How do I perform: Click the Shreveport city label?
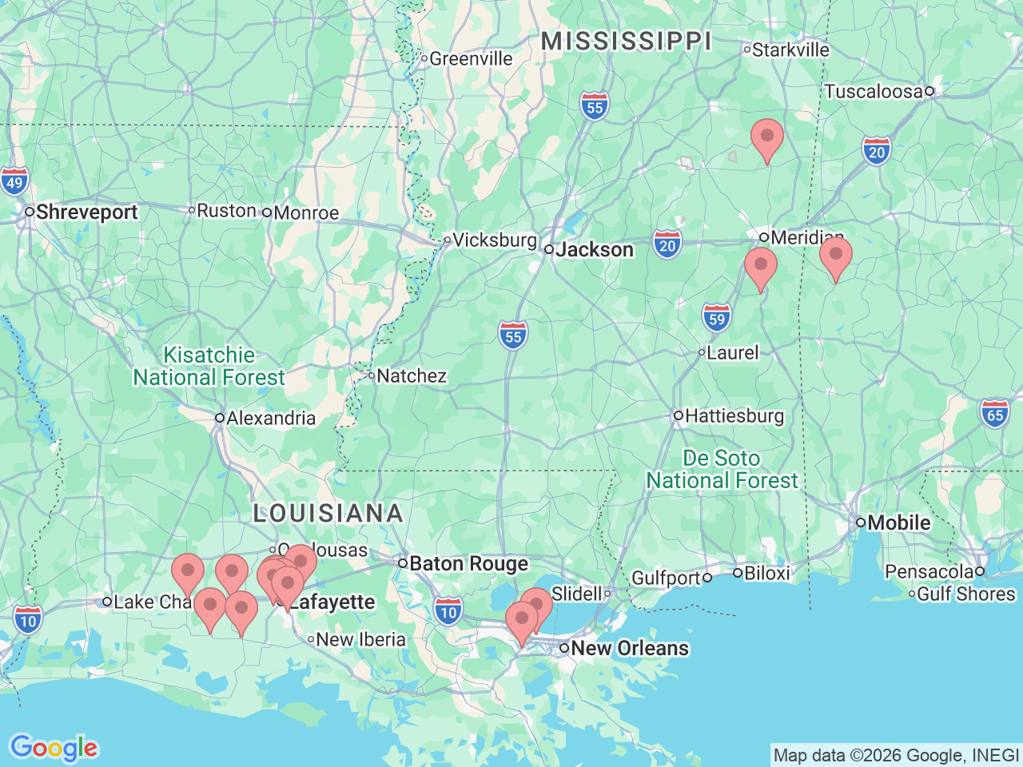[x=86, y=213]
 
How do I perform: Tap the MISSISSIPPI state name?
[x=626, y=42]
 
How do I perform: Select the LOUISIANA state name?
[x=328, y=513]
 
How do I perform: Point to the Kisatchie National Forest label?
[x=209, y=366]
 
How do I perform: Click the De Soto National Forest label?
[x=722, y=469]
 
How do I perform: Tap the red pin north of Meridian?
[x=767, y=137]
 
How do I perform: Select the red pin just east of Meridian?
[x=835, y=256]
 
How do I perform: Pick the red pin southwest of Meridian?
[x=760, y=266]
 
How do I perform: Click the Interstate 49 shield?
[x=14, y=182]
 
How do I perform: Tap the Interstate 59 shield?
[x=717, y=319]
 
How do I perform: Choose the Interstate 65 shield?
[x=995, y=414]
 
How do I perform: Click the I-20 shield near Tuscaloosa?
[x=877, y=151]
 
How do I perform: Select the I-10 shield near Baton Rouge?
[x=448, y=612]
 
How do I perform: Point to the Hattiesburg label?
[x=734, y=416]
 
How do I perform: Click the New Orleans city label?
[x=629, y=648]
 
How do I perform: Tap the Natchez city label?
[x=411, y=376]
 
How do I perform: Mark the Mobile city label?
[x=898, y=523]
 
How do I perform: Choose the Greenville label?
[x=471, y=58]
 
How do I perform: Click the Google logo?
[x=54, y=748]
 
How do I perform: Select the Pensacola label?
[x=929, y=572]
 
